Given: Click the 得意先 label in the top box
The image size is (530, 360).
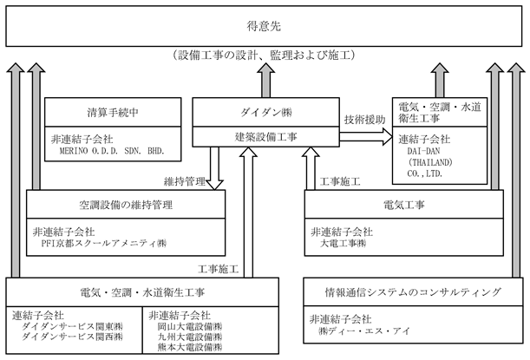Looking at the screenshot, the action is [x=264, y=26].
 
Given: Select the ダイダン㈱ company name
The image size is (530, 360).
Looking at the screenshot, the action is [x=266, y=113].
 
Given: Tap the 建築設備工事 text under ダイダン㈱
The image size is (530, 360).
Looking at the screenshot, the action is [x=266, y=137].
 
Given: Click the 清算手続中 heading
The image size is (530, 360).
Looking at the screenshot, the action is [x=113, y=113].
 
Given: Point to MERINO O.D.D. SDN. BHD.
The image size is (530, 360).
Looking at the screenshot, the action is [x=112, y=151].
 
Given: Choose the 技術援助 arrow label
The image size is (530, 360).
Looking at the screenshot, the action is [x=365, y=120].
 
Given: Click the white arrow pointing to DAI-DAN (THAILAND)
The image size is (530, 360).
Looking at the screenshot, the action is [x=366, y=137].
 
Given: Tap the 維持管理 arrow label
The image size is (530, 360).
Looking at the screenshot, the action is [x=185, y=181].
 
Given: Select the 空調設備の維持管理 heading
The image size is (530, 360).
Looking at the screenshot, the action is [x=126, y=205].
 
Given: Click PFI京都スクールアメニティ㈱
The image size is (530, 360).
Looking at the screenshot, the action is [x=104, y=244].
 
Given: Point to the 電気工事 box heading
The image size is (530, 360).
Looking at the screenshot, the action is [x=404, y=205].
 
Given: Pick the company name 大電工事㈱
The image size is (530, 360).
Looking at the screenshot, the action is [x=343, y=244].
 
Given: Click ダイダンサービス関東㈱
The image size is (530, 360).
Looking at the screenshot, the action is [x=72, y=326].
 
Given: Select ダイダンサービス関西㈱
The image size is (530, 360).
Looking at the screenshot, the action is [x=72, y=337].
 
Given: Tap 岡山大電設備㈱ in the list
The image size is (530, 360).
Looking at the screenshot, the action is [x=190, y=326].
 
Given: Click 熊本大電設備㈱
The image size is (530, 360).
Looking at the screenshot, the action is [x=190, y=347].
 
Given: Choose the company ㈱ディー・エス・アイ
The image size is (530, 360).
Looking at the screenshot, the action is [x=364, y=331].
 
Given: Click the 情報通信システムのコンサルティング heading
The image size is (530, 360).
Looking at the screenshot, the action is [x=413, y=292].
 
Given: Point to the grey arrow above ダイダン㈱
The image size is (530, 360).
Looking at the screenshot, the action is [x=265, y=80].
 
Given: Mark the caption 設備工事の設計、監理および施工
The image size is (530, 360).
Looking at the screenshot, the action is [x=264, y=55].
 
